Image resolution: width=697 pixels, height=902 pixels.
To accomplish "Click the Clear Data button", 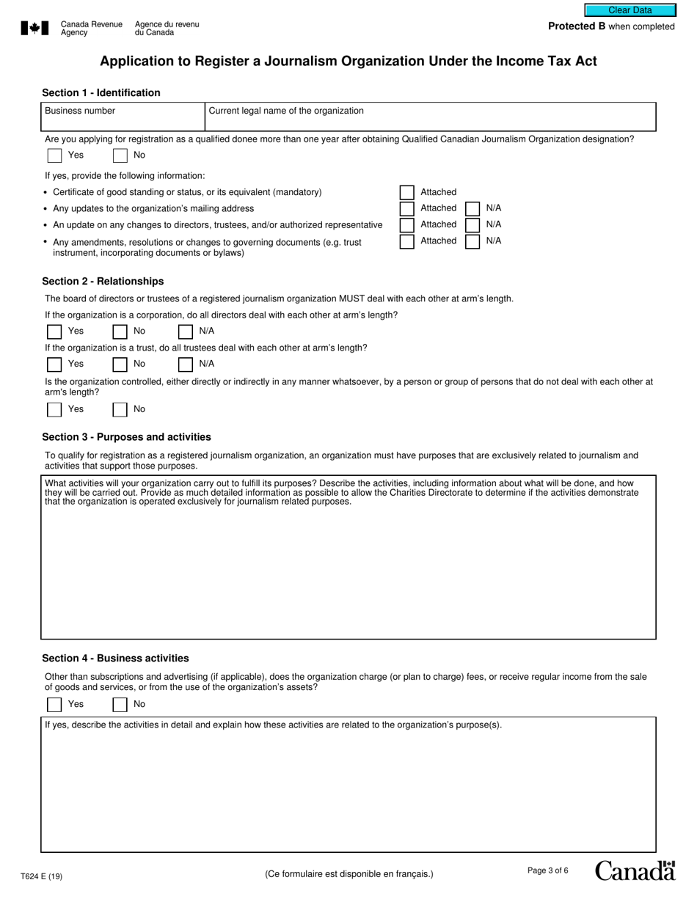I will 630,10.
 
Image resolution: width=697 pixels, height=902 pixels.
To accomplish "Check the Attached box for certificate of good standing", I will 407,192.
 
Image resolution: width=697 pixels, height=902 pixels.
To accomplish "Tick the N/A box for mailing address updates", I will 473,208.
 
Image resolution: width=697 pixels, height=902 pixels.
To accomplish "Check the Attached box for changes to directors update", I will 407,225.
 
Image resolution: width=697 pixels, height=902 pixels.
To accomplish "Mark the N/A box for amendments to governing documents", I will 473,241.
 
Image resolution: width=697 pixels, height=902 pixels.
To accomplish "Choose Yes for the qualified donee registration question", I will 54,155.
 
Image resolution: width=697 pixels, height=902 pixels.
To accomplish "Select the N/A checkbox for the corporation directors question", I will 186,331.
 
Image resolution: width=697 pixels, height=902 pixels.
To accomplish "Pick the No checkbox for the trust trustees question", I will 120,364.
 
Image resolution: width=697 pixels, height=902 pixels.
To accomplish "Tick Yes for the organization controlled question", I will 54,410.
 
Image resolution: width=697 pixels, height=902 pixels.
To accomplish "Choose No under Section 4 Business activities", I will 120,705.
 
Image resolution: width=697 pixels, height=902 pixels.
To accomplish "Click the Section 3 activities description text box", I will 348,572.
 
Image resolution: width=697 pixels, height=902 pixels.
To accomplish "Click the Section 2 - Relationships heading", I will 103,282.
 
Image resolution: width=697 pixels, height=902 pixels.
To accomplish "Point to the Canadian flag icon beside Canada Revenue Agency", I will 34,29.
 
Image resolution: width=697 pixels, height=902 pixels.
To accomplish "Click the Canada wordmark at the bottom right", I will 635,870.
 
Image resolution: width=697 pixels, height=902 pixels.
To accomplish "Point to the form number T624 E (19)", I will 42,876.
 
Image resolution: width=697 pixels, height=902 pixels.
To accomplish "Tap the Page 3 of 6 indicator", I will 548,870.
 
